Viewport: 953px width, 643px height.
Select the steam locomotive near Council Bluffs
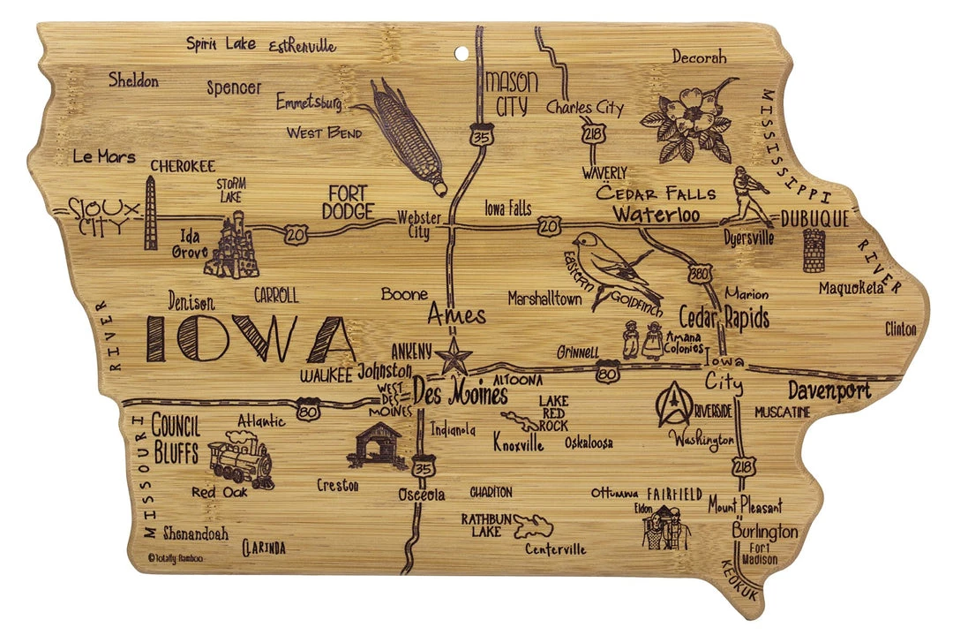point(241,459)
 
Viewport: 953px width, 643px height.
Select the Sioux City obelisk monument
point(151,213)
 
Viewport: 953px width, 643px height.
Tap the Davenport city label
point(828,390)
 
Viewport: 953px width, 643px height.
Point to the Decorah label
point(699,57)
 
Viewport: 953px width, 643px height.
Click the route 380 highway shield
point(699,273)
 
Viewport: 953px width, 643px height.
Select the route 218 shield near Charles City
point(590,134)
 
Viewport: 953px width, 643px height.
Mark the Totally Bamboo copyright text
point(175,557)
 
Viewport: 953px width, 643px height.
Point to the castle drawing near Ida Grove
point(231,246)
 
